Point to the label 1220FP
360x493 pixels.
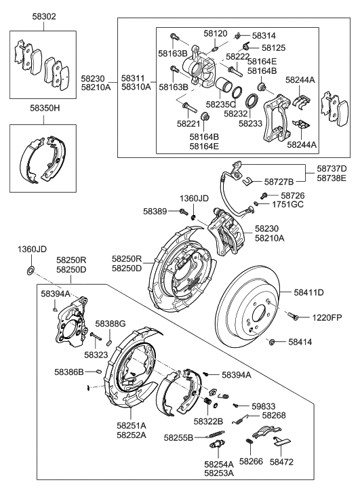point(327,317)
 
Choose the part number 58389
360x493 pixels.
point(155,212)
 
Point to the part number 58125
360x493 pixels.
point(275,48)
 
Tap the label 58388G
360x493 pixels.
point(111,324)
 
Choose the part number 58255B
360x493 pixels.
point(178,438)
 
